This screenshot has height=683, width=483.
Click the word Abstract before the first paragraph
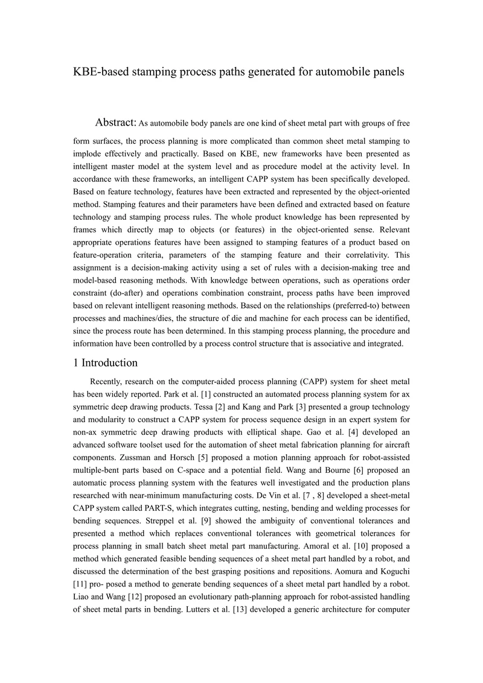[x=116, y=123]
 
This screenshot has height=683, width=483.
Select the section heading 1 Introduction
[x=105, y=363]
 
